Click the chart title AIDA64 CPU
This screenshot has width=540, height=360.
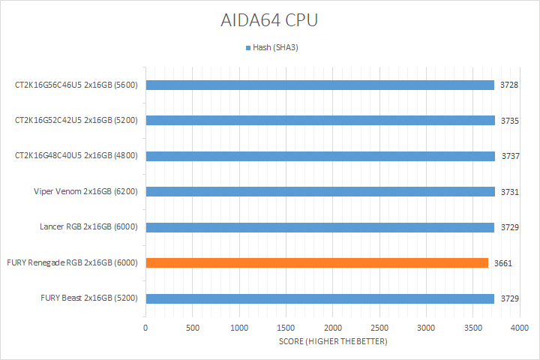(x=269, y=21)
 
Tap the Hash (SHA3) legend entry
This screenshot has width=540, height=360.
(x=273, y=48)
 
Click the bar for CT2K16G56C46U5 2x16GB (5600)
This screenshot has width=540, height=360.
(x=319, y=85)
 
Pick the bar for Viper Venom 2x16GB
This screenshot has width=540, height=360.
(x=319, y=191)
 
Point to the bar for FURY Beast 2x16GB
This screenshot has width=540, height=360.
(x=319, y=298)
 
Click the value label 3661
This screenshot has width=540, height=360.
(x=502, y=263)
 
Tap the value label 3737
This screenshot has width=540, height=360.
(x=509, y=156)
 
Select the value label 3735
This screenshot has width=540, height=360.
(x=509, y=121)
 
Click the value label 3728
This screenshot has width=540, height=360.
(x=509, y=85)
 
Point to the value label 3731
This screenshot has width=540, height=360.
(x=509, y=192)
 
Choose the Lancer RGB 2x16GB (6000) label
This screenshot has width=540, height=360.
(x=88, y=227)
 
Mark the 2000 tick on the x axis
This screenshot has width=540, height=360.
(x=333, y=328)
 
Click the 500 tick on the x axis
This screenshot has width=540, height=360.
(x=193, y=328)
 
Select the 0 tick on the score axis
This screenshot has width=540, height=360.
(x=145, y=328)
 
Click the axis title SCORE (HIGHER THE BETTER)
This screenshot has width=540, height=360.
(x=332, y=342)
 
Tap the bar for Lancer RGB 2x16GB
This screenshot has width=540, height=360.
(x=319, y=227)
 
